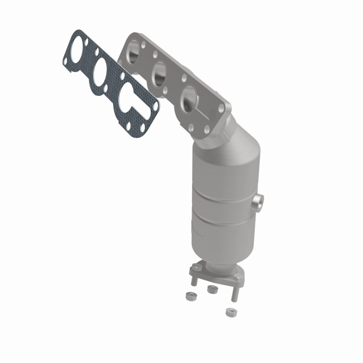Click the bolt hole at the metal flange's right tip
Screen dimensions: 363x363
pos(221,108)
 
